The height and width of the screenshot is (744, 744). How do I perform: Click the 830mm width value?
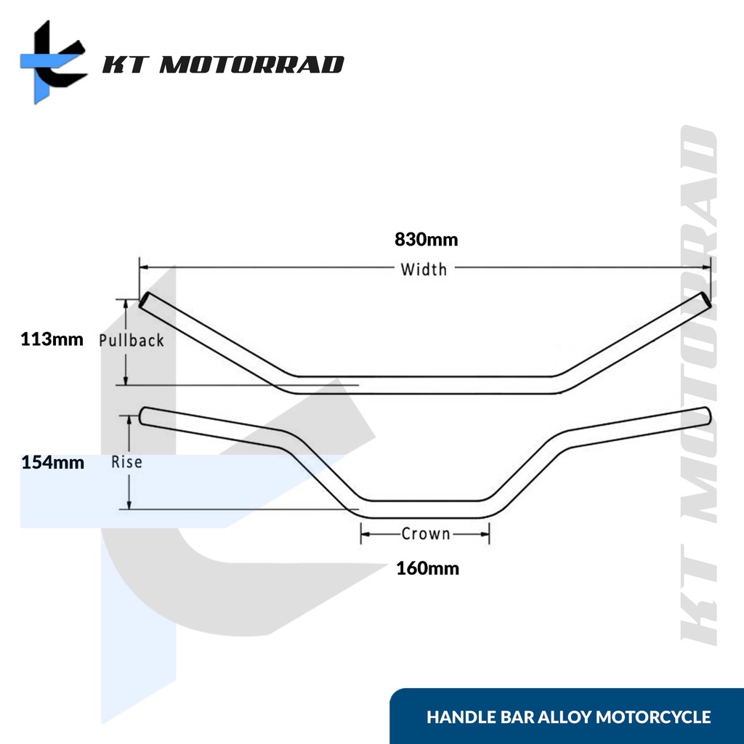pyautogui.click(x=426, y=239)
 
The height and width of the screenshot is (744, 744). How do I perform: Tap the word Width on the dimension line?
pyautogui.click(x=424, y=269)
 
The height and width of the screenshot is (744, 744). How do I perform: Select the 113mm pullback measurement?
pyautogui.click(x=53, y=339)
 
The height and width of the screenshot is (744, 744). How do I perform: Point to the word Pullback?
pyautogui.click(x=132, y=340)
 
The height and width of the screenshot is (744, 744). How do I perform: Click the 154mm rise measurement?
pyautogui.click(x=53, y=462)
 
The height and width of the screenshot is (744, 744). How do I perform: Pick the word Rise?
pyautogui.click(x=126, y=461)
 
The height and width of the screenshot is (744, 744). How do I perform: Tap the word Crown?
pyautogui.click(x=426, y=534)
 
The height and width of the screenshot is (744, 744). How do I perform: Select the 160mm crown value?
pyautogui.click(x=428, y=568)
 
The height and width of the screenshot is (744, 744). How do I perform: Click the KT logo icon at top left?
pyautogui.click(x=52, y=62)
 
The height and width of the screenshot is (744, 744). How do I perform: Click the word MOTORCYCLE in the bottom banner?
pyautogui.click(x=653, y=718)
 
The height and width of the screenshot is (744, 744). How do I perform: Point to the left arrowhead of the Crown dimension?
pyautogui.click(x=364, y=534)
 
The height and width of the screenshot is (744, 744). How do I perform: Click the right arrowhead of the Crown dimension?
pyautogui.click(x=486, y=534)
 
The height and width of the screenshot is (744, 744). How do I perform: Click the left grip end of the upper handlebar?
pyautogui.click(x=145, y=299)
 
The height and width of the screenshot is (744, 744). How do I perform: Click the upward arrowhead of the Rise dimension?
pyautogui.click(x=129, y=419)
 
